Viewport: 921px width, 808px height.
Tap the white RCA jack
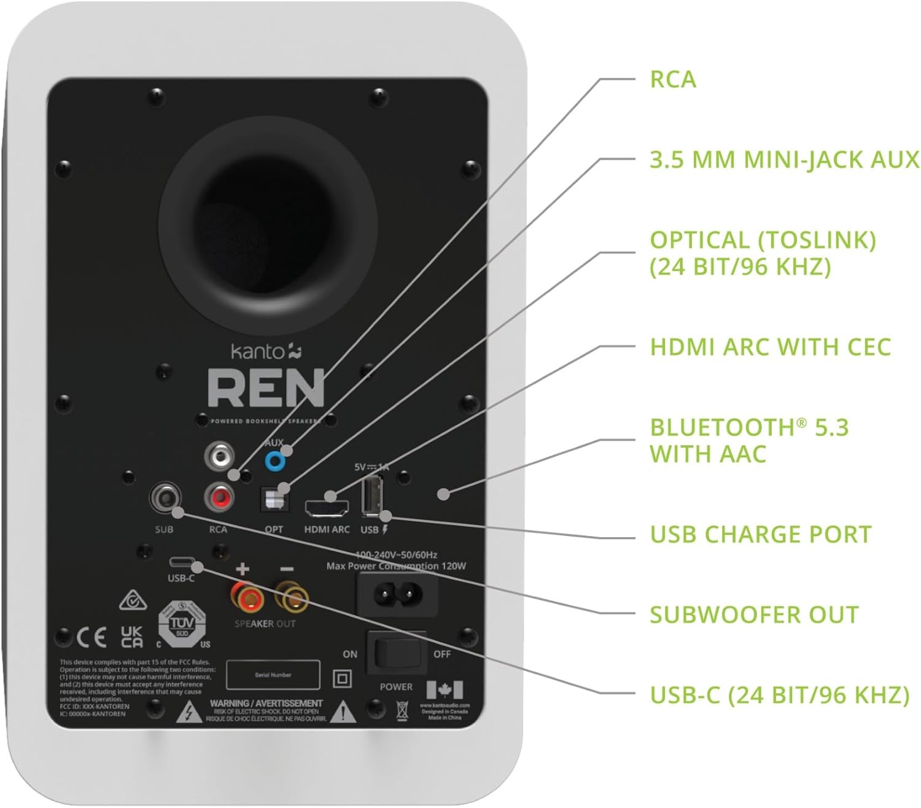coord(219,456)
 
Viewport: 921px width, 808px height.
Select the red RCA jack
coord(219,496)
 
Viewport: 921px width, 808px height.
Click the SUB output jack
coord(166,496)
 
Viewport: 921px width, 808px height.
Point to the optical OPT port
coord(274,499)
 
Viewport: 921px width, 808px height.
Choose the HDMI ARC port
coord(326,507)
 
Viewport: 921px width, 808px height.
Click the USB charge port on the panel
coord(371,496)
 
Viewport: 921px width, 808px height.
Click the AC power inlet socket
coord(398,594)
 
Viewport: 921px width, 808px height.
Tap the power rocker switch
coord(396,652)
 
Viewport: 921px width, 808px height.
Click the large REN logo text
coord(265,389)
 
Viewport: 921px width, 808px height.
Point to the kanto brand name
coord(258,352)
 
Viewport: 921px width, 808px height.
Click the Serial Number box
coord(273,675)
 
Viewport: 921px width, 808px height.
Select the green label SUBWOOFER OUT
coord(753,615)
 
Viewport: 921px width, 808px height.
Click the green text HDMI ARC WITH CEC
coord(770,347)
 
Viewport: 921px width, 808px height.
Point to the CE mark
coord(91,638)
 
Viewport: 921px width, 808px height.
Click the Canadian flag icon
coord(445,690)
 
